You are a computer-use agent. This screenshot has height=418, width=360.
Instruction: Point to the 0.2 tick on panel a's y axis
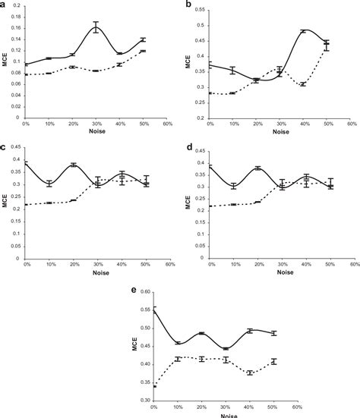coord(16,6)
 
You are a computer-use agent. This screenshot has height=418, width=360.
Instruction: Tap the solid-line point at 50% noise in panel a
coord(143,39)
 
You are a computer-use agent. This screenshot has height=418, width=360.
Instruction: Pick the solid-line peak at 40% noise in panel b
coord(304,31)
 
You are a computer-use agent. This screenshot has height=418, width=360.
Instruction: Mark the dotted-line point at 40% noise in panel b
coord(304,84)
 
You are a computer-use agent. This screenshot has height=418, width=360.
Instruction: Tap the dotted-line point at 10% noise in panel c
coord(49,203)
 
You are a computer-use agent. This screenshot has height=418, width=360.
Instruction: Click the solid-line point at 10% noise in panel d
coord(234,185)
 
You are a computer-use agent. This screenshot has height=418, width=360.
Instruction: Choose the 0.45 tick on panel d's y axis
coord(199,150)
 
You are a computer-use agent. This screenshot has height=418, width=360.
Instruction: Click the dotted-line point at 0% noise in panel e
coord(153,386)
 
